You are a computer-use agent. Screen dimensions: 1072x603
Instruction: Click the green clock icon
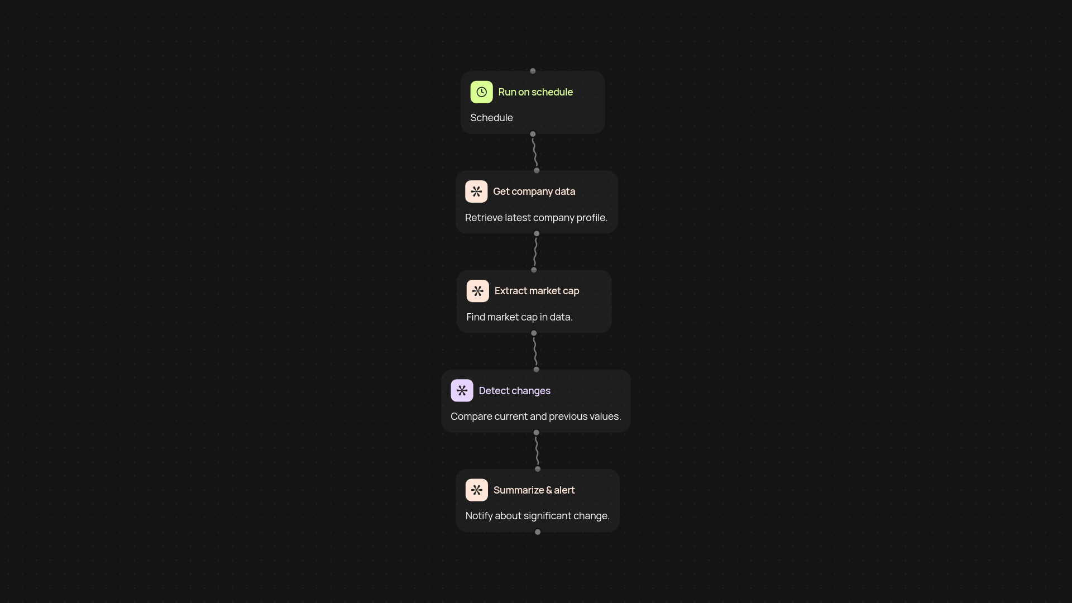coord(481,92)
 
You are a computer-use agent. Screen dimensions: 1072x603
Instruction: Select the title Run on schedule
coord(535,92)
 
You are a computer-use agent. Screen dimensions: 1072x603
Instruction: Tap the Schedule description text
coord(491,118)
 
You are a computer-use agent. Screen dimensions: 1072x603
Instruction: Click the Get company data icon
coord(476,192)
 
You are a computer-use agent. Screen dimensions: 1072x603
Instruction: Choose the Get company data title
coord(534,192)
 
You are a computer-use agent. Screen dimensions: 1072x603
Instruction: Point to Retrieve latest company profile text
coord(536,218)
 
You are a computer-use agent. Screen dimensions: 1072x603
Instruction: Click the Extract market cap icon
coord(477,291)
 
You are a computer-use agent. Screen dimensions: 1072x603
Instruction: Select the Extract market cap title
coord(537,291)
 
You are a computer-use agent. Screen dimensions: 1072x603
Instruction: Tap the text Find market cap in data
coord(519,317)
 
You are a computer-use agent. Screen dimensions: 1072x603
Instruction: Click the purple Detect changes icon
coord(462,390)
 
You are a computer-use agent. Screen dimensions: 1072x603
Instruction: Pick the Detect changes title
coord(514,391)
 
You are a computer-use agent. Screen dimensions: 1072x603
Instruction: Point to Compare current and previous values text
coord(535,417)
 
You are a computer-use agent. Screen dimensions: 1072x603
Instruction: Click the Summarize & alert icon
coord(476,490)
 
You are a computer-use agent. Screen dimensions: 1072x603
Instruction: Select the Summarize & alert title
coord(534,490)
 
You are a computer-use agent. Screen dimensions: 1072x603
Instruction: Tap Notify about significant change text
coord(537,516)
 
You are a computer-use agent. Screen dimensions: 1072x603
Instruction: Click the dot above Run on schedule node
coord(533,71)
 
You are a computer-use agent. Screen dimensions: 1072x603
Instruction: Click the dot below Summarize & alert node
coord(538,532)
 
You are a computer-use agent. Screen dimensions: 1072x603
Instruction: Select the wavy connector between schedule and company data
coord(535,152)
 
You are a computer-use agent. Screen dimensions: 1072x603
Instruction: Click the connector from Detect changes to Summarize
coord(537,451)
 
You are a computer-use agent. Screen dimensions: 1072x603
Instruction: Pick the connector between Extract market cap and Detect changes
coord(535,351)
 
